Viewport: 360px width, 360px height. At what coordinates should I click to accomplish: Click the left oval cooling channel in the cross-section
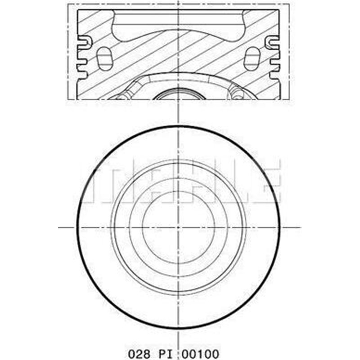pos(103,58)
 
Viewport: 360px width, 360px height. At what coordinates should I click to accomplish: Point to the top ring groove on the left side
pos(83,44)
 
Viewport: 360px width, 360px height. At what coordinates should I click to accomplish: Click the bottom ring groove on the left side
pos(82,68)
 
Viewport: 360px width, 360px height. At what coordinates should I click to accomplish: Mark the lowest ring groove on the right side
pos(274,68)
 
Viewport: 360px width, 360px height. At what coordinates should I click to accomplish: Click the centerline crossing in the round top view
pos(179,227)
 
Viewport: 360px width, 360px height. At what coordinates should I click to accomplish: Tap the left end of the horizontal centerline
pos(60,227)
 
